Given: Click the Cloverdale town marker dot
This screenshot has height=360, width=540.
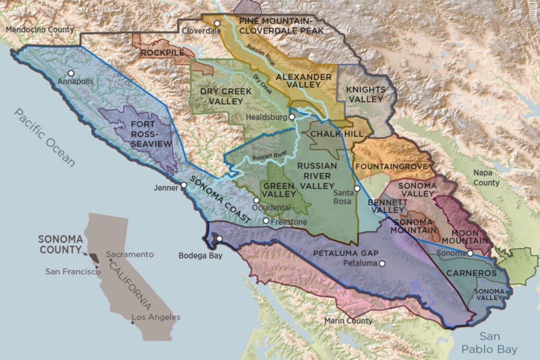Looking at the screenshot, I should pyautogui.click(x=217, y=23).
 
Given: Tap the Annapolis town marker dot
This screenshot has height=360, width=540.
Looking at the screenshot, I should pyautogui.click(x=71, y=73).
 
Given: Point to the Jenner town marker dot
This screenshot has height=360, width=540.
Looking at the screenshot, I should pyautogui.click(x=184, y=186).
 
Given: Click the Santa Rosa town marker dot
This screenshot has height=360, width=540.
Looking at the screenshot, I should pyautogui.click(x=357, y=188).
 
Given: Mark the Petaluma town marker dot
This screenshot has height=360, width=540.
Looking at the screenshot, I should pyautogui.click(x=382, y=263).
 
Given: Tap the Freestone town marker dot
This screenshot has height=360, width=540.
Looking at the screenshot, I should pyautogui.click(x=266, y=221).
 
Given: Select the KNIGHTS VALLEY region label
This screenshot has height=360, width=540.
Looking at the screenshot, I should pyautogui.click(x=365, y=94).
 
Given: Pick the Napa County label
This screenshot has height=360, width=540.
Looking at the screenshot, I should pyautogui.click(x=486, y=178).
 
